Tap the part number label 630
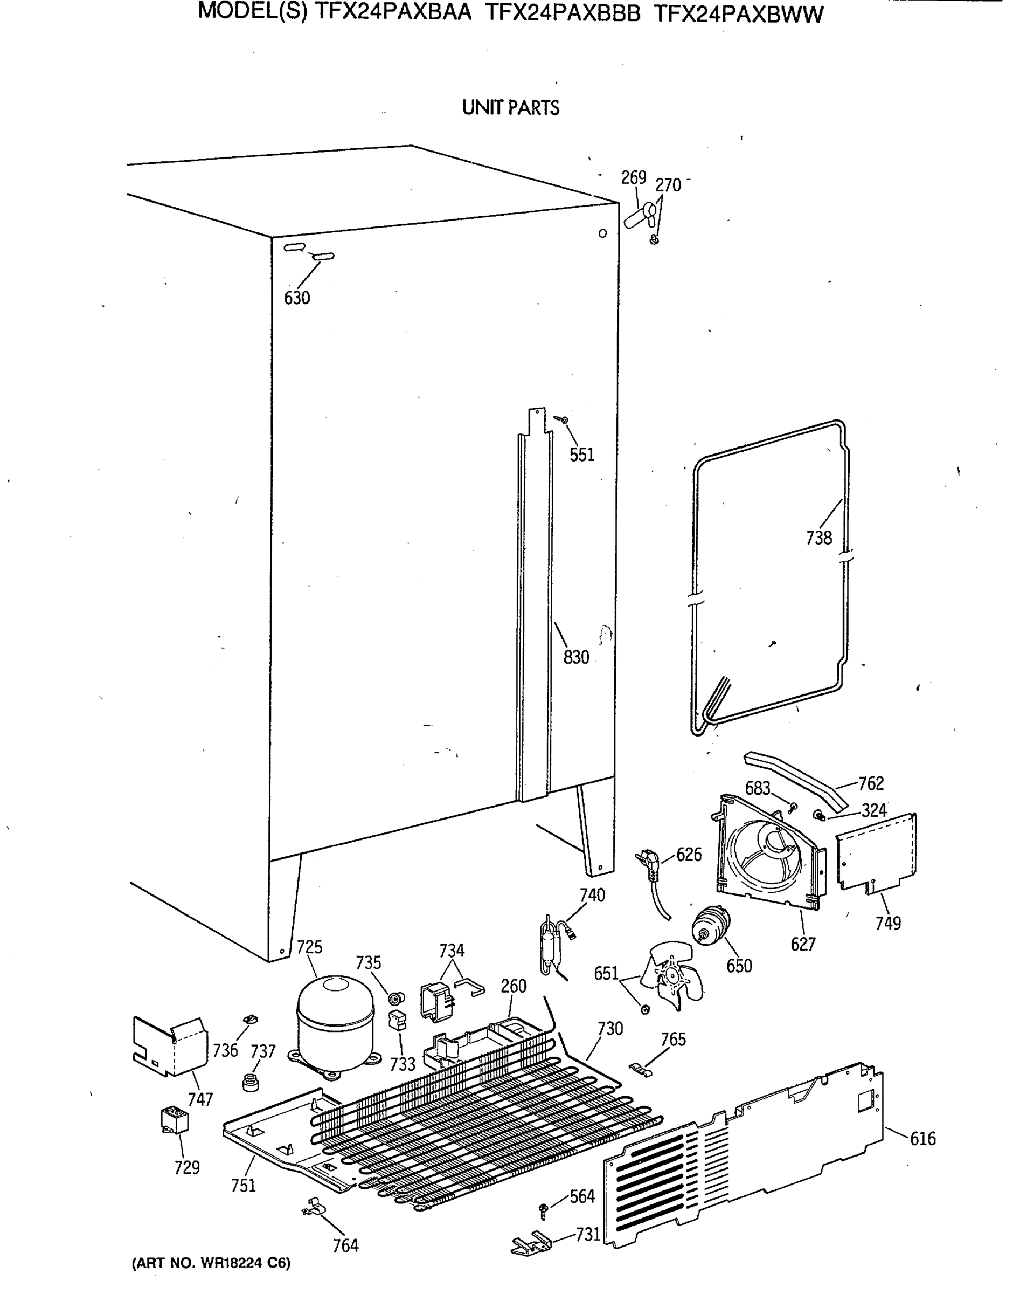click(x=297, y=298)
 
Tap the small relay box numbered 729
click(x=175, y=1120)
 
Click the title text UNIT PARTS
click(x=511, y=108)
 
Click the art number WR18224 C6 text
click(x=211, y=1263)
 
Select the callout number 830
click(x=575, y=657)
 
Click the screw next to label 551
click(x=563, y=420)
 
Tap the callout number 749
click(x=887, y=923)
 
